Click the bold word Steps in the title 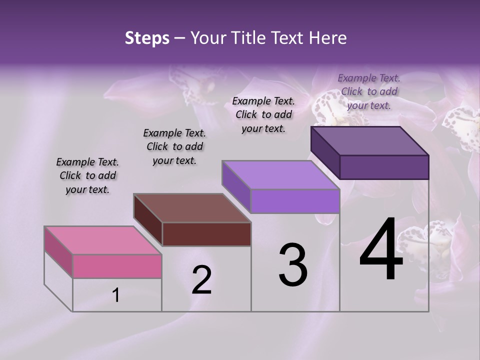pyautogui.click(x=147, y=38)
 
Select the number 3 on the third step pyautogui.click(x=293, y=265)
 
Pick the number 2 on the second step pyautogui.click(x=202, y=280)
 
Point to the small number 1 pyautogui.click(x=115, y=295)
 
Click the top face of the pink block pyautogui.click(x=103, y=240)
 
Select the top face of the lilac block pyautogui.click(x=281, y=175)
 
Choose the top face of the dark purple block pyautogui.click(x=370, y=141)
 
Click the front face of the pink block pyautogui.click(x=117, y=266)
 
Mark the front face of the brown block pyautogui.click(x=206, y=234)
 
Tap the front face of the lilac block pyautogui.click(x=295, y=201)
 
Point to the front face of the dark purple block pyautogui.click(x=384, y=167)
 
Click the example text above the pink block pyautogui.click(x=87, y=175)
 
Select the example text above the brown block pyautogui.click(x=174, y=146)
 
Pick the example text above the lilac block pyautogui.click(x=263, y=114)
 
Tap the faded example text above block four pyautogui.click(x=369, y=91)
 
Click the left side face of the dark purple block pyautogui.click(x=325, y=152)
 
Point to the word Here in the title pyautogui.click(x=328, y=38)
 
